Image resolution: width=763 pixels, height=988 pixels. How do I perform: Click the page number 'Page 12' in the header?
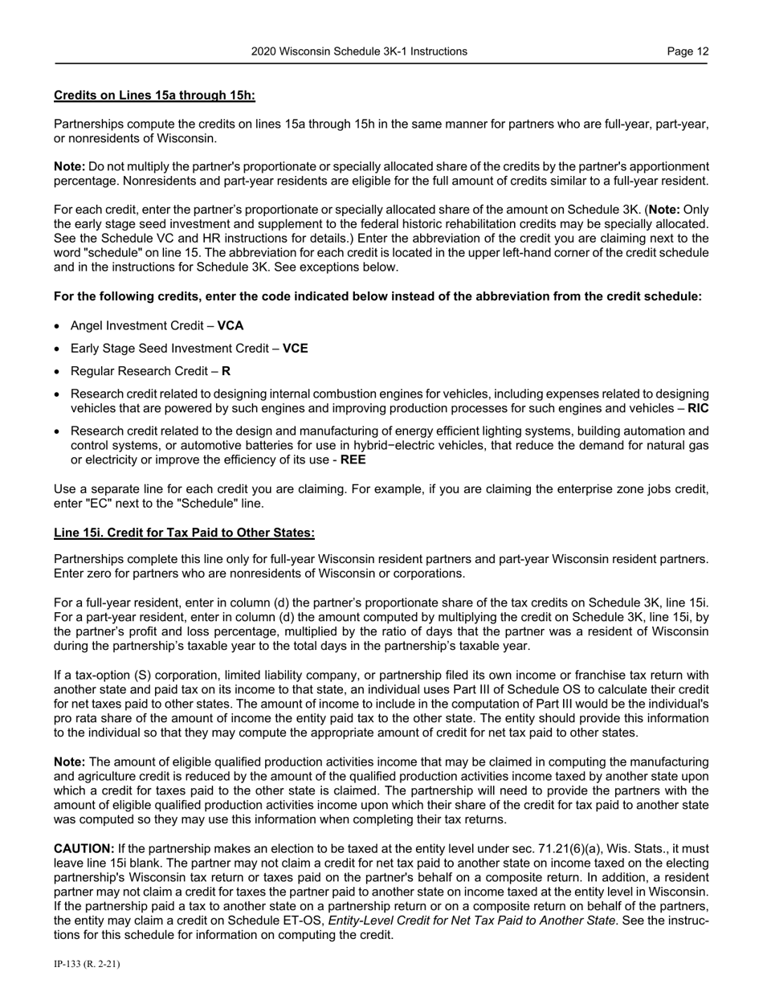[688, 51]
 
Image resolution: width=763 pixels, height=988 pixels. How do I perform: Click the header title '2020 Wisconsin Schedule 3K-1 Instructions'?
[359, 51]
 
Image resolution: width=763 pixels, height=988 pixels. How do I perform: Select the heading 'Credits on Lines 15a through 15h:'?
[154, 96]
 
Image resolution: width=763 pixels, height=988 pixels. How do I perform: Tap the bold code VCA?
[231, 326]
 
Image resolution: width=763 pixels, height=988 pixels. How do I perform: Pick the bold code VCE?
[295, 349]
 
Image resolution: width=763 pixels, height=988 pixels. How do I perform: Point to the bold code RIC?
[698, 408]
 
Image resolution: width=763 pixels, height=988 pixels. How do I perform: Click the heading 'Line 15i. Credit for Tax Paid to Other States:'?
[184, 533]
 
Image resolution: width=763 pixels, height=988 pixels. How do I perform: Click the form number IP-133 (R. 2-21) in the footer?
[87, 965]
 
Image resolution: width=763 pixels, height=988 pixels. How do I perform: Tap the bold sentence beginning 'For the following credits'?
[377, 296]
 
